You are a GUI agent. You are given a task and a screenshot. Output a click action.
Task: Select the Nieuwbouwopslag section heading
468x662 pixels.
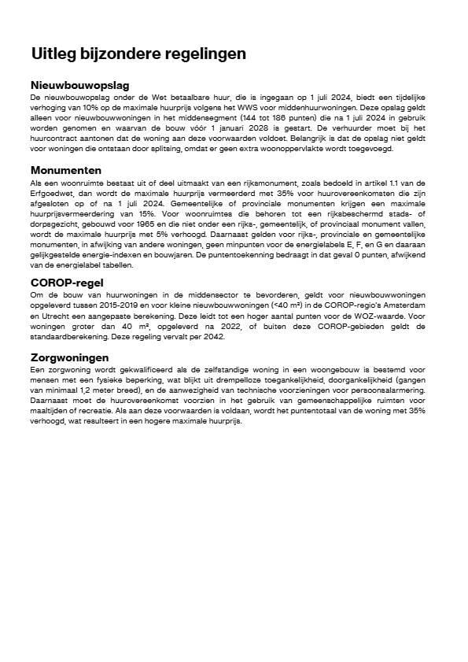(x=79, y=85)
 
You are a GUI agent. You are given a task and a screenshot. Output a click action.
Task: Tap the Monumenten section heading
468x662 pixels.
(x=66, y=170)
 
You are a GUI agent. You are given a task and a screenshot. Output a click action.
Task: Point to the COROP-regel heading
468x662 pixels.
(x=67, y=283)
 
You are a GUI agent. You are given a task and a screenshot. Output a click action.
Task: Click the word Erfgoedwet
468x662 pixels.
(x=50, y=191)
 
